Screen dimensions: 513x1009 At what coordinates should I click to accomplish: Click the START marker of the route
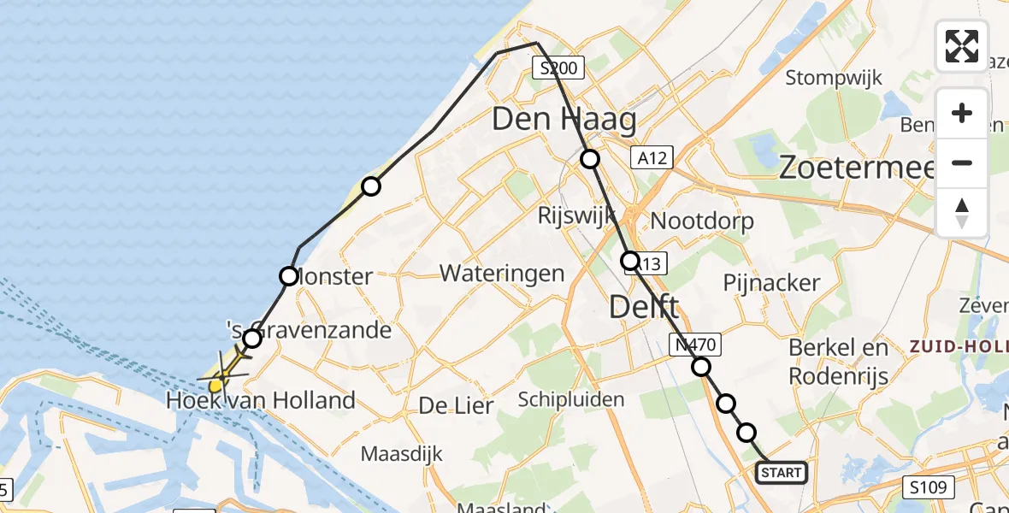(x=782, y=473)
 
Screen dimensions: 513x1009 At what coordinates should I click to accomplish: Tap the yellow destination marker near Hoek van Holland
(x=215, y=385)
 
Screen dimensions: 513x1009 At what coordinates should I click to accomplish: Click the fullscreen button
(x=962, y=46)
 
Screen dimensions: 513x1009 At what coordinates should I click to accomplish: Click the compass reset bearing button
(x=962, y=213)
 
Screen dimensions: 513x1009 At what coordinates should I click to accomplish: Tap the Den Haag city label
(x=564, y=121)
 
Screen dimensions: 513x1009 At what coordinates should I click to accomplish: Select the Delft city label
(x=645, y=307)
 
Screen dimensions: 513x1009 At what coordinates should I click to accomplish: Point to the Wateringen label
(x=502, y=274)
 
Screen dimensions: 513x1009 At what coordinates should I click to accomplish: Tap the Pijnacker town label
(x=771, y=283)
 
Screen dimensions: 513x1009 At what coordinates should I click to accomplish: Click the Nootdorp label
(x=702, y=221)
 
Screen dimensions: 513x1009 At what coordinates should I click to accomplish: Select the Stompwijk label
(x=834, y=78)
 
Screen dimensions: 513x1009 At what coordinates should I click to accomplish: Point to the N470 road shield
(x=695, y=345)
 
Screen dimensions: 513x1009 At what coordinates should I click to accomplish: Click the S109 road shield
(x=927, y=488)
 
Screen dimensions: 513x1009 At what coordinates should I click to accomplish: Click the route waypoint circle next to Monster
(x=289, y=276)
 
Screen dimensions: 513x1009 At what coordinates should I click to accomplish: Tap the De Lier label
(x=456, y=406)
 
